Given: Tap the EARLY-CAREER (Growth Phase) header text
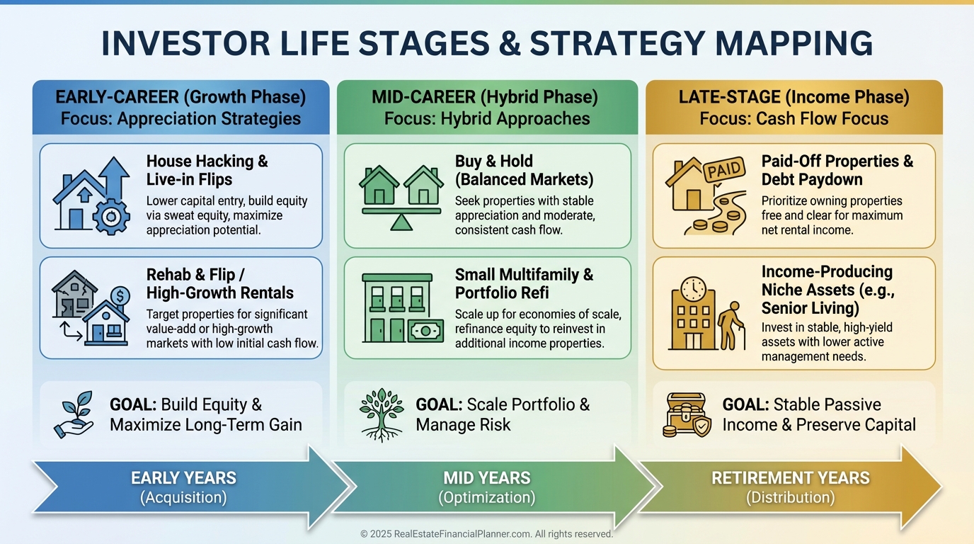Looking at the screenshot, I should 181,97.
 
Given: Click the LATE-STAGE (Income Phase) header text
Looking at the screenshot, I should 793,97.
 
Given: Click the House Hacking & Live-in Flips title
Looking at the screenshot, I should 207,170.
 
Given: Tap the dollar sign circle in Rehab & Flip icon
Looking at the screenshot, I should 120,294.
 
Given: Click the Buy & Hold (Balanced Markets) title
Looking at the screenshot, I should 524,170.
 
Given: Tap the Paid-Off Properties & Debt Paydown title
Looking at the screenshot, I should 837,170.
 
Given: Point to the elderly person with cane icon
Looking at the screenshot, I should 731,326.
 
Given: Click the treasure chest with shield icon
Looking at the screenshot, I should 687,415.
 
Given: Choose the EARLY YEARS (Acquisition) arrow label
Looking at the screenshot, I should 183,487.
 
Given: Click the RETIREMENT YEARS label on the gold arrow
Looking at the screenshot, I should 791,478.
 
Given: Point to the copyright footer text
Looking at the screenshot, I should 486,534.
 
